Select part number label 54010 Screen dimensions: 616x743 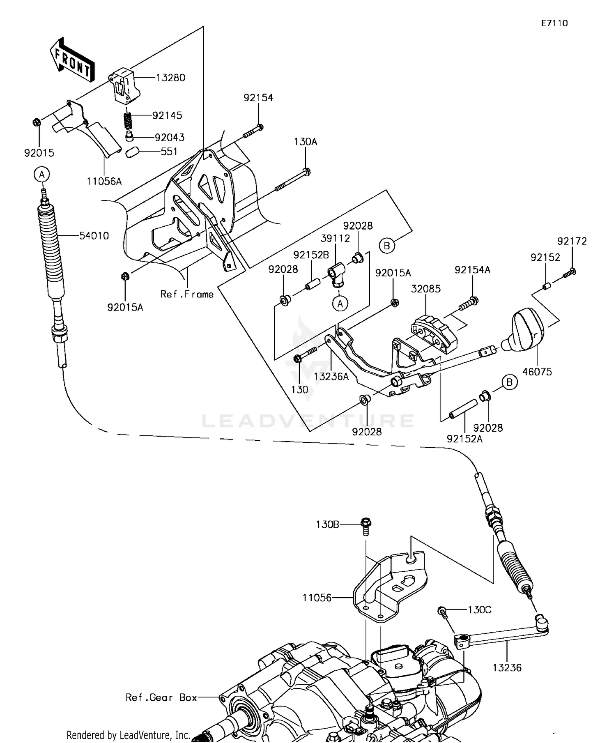coord(94,236)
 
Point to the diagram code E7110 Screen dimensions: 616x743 coord(554,23)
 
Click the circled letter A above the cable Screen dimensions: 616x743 coord(41,175)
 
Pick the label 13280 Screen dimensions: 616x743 coord(170,78)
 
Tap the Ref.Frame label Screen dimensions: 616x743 coord(187,294)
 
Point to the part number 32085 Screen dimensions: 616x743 coord(426,289)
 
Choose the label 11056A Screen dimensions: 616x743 coord(104,181)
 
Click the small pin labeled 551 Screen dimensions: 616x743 coord(131,153)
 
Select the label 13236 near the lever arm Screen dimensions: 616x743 coord(507,668)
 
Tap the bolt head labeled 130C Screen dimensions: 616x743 coord(442,611)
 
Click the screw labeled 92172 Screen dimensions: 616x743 coord(569,272)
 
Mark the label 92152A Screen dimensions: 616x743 coord(464,439)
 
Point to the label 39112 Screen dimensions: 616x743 coord(336,238)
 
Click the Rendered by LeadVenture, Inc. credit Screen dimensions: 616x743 coord(128,735)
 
